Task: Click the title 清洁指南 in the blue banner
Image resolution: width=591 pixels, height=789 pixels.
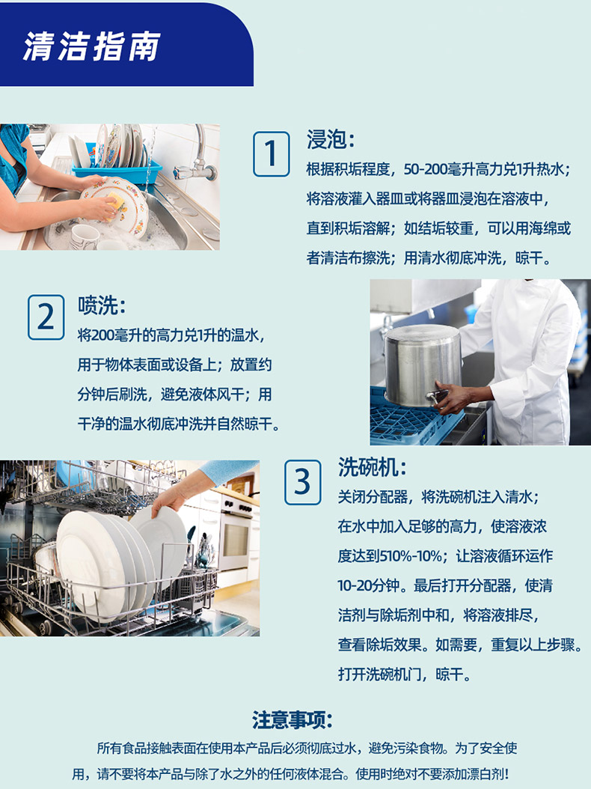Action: [x=91, y=46]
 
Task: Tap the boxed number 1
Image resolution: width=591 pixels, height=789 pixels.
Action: [x=271, y=154]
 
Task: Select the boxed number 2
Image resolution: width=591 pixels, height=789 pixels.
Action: [x=46, y=317]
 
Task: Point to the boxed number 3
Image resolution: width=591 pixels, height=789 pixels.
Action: [x=302, y=482]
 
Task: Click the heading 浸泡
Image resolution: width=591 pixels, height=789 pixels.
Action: [x=331, y=139]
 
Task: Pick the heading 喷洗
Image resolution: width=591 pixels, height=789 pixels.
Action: [x=101, y=305]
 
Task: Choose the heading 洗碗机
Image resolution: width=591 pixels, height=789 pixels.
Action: [x=372, y=467]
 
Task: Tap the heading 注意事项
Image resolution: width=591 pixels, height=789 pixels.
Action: [x=293, y=720]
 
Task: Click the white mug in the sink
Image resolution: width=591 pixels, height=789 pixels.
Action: [x=84, y=237]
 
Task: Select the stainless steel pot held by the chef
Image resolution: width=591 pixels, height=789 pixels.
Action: [x=422, y=365]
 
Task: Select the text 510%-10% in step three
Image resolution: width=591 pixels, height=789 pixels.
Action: [x=411, y=556]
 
